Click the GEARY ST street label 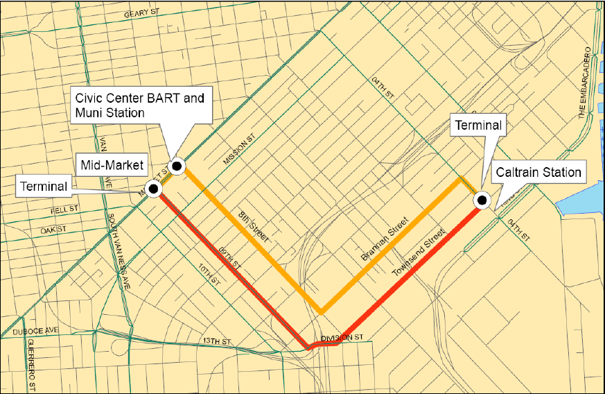pos(147,15)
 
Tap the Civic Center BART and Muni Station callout pos(140,105)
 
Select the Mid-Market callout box pos(112,165)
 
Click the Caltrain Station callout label pos(537,173)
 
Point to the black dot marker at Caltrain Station pos(482,201)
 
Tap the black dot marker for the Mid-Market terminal pos(154,188)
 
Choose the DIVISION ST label pos(342,337)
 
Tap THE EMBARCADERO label pos(586,83)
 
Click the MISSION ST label pos(240,153)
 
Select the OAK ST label pos(52,229)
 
